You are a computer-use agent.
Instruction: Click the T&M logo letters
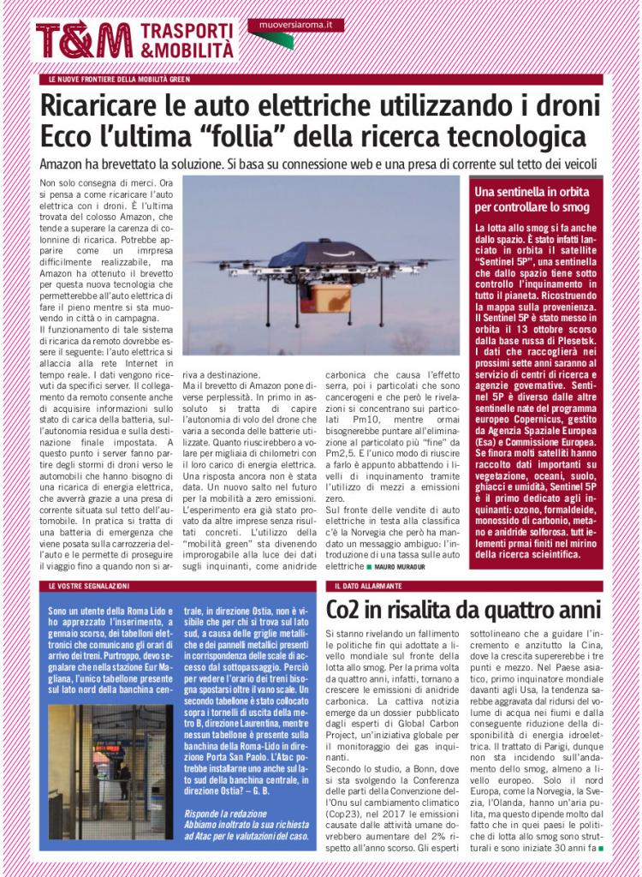pyautogui.click(x=83, y=39)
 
